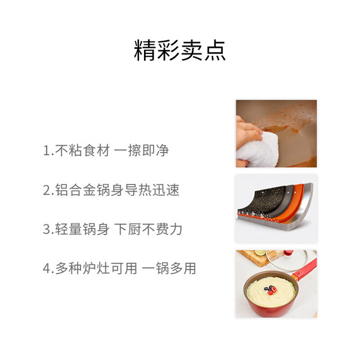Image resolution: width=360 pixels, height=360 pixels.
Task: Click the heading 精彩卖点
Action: pos(180,50)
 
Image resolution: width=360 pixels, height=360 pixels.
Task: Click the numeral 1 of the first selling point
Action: pos(46,151)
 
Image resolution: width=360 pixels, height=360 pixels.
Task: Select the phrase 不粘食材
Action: pos(83,151)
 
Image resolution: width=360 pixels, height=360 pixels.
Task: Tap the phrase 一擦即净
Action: pos(141,151)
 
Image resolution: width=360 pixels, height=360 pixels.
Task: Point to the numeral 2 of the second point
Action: pos(46,190)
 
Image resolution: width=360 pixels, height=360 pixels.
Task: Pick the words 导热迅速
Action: pos(152,190)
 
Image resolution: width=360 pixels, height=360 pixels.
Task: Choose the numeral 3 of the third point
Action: pos(46,229)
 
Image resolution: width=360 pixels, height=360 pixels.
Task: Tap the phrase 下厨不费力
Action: pos(148,229)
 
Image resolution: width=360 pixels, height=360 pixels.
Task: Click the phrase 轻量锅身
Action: pos(82,229)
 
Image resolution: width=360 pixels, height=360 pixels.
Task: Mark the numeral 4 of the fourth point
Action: pos(47,268)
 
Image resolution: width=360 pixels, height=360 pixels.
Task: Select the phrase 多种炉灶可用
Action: pos(96,268)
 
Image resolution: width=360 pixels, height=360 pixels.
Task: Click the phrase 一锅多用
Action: pos(169,268)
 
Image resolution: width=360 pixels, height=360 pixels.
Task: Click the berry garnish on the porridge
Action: pos(271,290)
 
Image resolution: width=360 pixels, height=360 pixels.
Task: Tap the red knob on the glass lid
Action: pos(289,253)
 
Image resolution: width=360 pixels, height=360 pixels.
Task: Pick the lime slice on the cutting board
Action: pos(260,253)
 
